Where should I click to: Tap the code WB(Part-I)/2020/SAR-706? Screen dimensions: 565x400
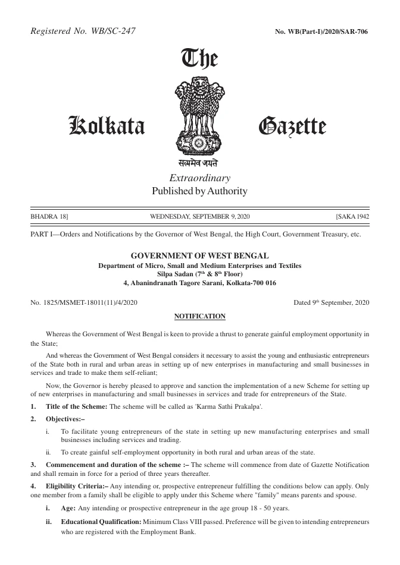(321, 31)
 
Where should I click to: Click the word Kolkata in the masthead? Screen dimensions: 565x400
(108, 127)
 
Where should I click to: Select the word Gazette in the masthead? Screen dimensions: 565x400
(292, 127)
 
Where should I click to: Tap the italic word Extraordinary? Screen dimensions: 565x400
(199, 178)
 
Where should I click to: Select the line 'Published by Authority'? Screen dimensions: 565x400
(199, 191)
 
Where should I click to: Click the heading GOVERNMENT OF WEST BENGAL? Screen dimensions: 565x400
(199, 255)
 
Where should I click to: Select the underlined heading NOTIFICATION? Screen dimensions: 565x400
(199, 316)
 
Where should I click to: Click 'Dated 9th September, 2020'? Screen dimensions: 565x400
(332, 302)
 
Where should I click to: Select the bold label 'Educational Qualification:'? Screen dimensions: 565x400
(101, 521)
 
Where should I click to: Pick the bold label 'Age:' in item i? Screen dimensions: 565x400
(68, 509)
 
